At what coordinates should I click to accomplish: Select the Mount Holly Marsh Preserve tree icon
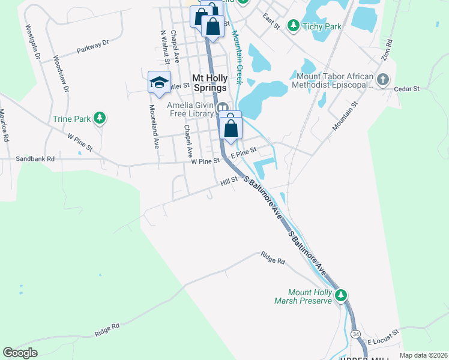tap(341, 295)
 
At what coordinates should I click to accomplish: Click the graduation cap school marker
tap(159, 83)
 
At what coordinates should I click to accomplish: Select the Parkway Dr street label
tap(93, 47)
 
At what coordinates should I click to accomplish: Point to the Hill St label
tap(229, 179)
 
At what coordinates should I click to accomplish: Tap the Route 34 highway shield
tap(356, 333)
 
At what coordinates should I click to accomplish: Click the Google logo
tap(20, 353)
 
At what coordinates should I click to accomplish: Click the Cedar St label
tap(406, 88)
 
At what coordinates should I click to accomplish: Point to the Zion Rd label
tap(387, 50)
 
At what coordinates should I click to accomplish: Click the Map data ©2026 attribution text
tap(423, 355)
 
